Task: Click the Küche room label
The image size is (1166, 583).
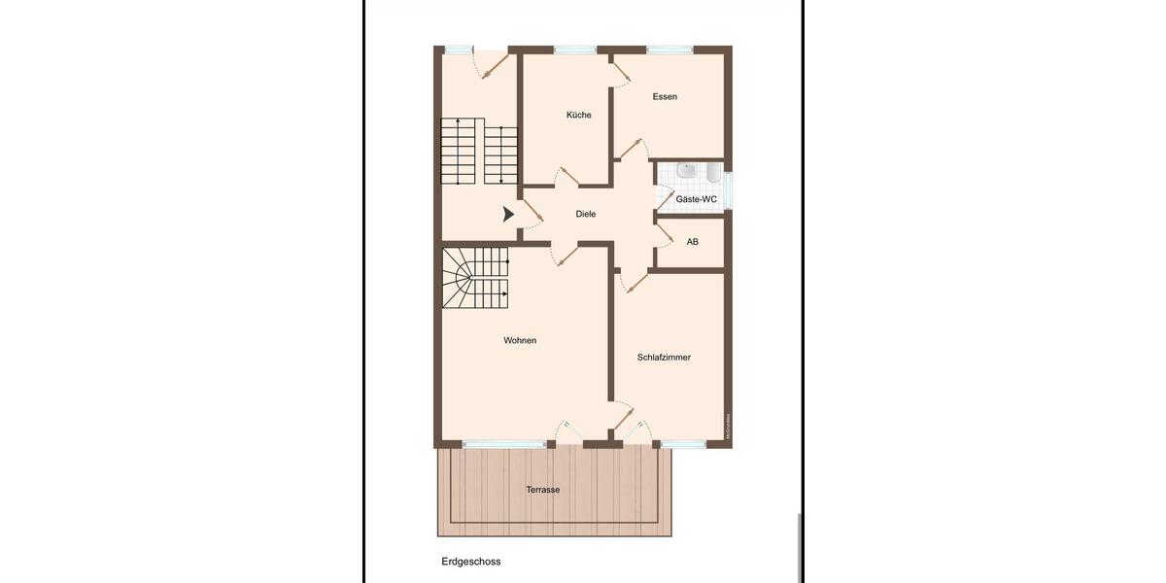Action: click(579, 115)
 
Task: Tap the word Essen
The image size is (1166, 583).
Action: click(665, 96)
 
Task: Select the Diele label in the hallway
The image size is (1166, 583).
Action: click(585, 214)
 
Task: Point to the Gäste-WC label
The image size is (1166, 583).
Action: click(696, 199)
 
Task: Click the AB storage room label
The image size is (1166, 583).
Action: click(692, 241)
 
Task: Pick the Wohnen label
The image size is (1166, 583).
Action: click(520, 340)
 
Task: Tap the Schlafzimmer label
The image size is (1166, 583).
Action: click(664, 358)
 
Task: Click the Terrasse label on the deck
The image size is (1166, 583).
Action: click(541, 490)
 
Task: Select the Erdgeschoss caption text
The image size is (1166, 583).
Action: click(471, 562)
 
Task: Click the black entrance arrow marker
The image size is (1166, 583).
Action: click(508, 215)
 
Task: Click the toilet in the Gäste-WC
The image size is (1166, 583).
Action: click(713, 174)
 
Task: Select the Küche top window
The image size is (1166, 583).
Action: click(575, 50)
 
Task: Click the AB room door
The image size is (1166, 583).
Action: click(666, 236)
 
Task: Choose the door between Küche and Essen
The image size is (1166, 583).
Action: click(619, 67)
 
